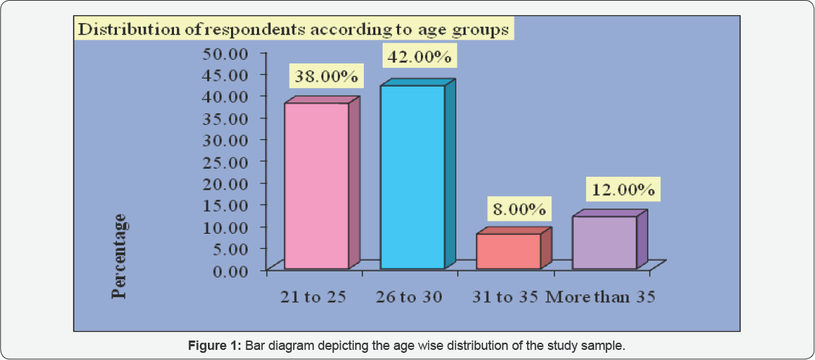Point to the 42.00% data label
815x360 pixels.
(421, 56)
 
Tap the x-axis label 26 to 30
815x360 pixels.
(409, 297)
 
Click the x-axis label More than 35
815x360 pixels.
(600, 297)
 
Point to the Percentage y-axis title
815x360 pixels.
(120, 256)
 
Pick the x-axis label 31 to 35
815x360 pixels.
(505, 297)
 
